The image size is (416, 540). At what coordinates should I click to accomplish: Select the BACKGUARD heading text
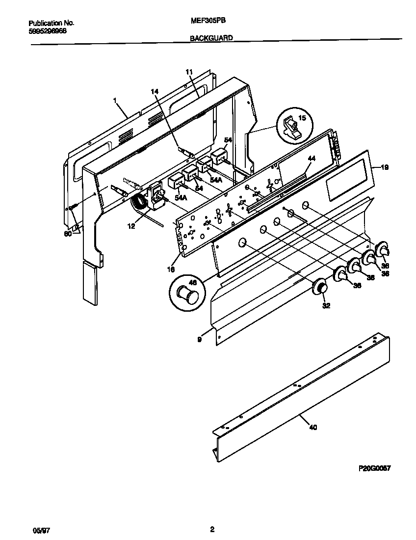point(211,37)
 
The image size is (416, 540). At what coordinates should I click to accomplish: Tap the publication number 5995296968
point(48,30)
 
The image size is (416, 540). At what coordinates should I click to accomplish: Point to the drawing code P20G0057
point(375,469)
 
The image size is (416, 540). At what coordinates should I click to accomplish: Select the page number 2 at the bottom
point(212,529)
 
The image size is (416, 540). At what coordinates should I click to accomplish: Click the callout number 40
point(313,427)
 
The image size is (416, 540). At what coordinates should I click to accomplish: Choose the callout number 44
point(312,159)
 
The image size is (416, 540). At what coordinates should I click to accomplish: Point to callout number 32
point(326,305)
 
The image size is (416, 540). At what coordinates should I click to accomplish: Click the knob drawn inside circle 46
point(187,295)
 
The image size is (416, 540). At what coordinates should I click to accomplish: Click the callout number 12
point(131,226)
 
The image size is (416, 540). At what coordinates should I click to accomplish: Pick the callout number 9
point(199,339)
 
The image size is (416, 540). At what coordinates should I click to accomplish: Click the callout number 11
point(189,72)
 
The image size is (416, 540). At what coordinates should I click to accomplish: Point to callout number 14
point(155,91)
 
